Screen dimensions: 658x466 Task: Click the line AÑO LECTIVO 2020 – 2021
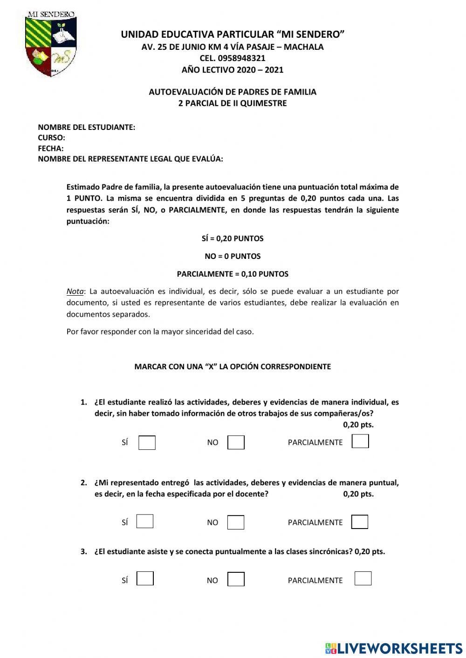[x=233, y=70]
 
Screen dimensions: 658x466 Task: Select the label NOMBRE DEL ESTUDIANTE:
[x=86, y=127]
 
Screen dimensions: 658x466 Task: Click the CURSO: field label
[x=51, y=138]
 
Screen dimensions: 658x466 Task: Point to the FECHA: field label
[x=51, y=149]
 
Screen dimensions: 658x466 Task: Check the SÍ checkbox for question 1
[x=147, y=442]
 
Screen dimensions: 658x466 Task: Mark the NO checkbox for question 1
[x=236, y=442]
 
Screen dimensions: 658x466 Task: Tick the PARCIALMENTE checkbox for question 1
[x=360, y=441]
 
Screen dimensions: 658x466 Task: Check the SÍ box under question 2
[x=145, y=521]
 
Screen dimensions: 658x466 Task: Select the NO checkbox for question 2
[x=236, y=522]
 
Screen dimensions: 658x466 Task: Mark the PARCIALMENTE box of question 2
[x=360, y=522]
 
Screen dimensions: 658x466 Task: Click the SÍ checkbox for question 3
[x=145, y=579]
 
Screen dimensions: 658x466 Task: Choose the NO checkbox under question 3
[x=236, y=579]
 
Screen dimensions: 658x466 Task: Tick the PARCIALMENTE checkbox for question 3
[x=363, y=578]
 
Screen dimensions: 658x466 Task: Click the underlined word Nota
[x=75, y=292]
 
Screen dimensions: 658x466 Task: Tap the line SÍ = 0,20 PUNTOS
[x=233, y=238]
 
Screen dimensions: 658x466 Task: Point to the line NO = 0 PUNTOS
[x=233, y=256]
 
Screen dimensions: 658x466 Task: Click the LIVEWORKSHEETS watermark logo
[x=394, y=648]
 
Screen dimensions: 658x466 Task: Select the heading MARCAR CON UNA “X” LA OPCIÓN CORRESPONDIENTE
[x=233, y=366]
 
